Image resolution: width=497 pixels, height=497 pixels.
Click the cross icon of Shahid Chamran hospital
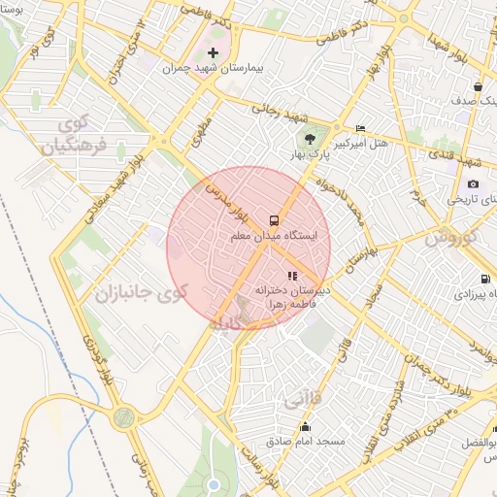coord(214,51)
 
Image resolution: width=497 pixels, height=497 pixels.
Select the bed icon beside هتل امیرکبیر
coord(360,128)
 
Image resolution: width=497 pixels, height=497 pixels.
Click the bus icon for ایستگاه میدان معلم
coord(274,219)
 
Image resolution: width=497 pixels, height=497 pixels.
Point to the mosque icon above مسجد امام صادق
coord(306,427)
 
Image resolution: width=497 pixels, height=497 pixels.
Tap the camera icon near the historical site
coord(473,183)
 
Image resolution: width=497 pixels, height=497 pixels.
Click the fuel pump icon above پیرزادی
coord(472,280)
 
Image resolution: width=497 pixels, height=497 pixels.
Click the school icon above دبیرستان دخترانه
coord(294,275)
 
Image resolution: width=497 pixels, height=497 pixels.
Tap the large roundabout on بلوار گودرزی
coord(124,418)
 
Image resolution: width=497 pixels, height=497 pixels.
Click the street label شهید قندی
coord(470,157)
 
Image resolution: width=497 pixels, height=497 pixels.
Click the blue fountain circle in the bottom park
coord(214,484)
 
